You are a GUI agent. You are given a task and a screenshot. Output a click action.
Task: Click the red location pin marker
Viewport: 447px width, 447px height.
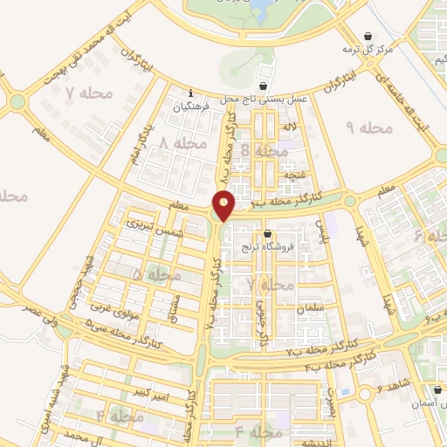pyautogui.click(x=224, y=204)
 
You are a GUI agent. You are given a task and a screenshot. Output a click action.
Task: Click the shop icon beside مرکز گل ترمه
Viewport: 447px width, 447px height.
pyautogui.click(x=371, y=36)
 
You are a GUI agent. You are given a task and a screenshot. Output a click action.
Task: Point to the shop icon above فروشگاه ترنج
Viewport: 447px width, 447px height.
pyautogui.click(x=267, y=233)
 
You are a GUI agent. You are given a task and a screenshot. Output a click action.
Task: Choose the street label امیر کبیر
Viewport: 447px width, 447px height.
pyautogui.click(x=162, y=382)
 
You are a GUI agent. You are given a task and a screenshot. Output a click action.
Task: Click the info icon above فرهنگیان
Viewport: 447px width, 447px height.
pyautogui.click(x=191, y=93)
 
